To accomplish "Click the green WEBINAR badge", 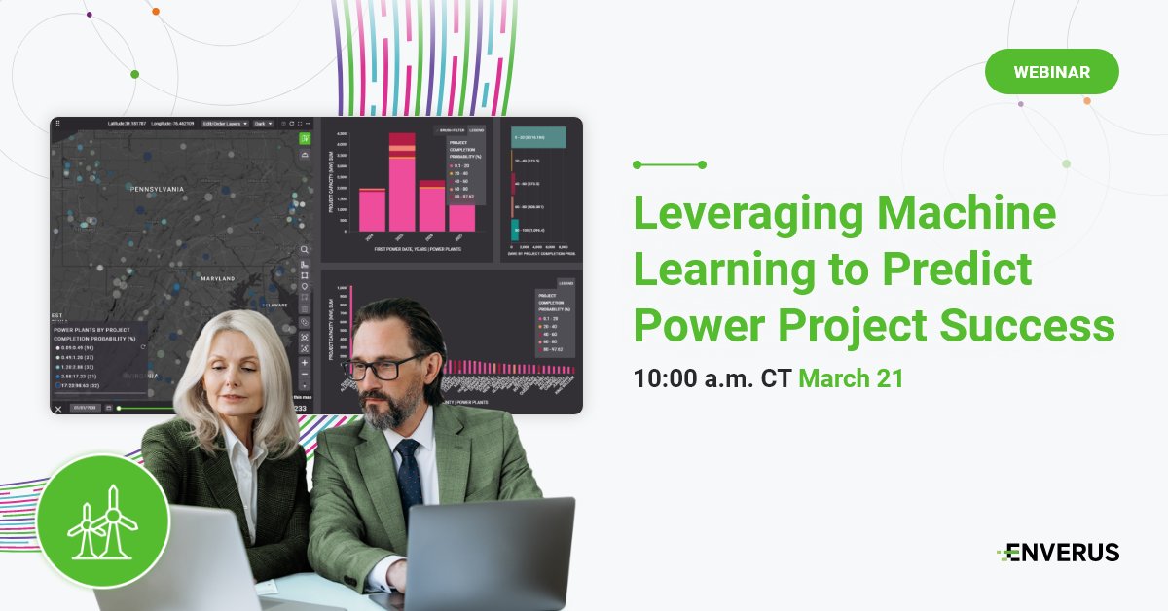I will click(1051, 72).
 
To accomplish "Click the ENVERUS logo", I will click(1058, 553).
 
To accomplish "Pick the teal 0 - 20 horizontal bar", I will click(539, 139).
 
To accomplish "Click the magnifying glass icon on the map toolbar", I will click(305, 250).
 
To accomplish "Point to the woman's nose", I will click(237, 383).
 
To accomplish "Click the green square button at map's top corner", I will click(305, 138).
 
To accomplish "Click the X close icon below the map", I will click(58, 409).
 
